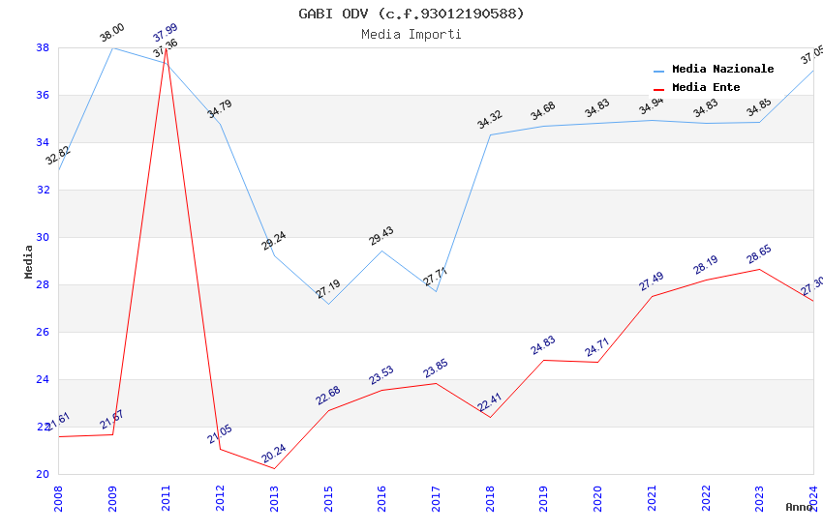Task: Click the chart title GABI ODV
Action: click(411, 14)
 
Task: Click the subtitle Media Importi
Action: click(411, 34)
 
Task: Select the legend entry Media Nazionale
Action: click(722, 69)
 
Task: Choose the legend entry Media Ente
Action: click(706, 87)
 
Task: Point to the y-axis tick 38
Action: click(44, 47)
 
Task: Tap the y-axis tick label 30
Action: click(44, 237)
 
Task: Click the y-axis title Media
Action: click(28, 261)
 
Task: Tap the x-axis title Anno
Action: click(799, 507)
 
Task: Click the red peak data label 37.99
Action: click(166, 35)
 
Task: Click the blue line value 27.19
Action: click(328, 289)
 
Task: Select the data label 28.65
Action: click(758, 255)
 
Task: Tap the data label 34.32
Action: click(490, 120)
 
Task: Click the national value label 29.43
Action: click(381, 236)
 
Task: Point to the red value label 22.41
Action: click(490, 402)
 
